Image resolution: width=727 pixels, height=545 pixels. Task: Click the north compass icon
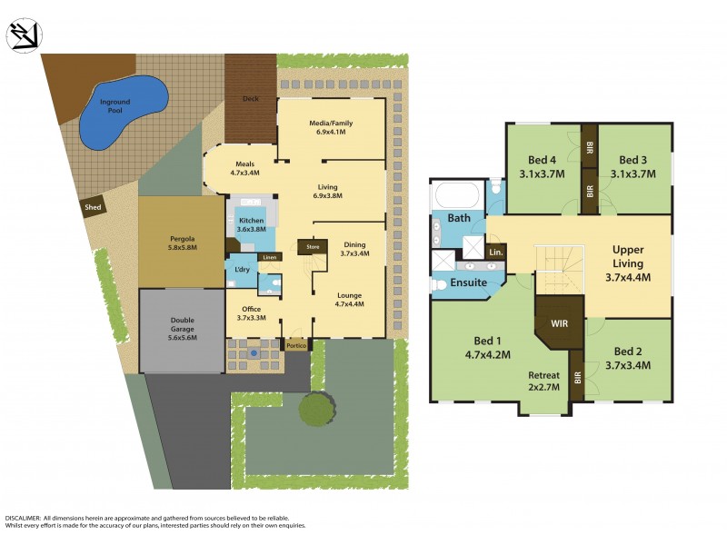(x=22, y=35)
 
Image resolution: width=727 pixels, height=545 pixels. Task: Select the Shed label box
(x=94, y=206)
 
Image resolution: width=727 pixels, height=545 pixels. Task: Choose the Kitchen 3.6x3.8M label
(x=251, y=226)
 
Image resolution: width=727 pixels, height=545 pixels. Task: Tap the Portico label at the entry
(x=296, y=345)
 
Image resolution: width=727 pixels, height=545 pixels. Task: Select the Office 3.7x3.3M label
(x=251, y=312)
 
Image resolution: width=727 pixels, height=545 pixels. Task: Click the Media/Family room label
(x=332, y=127)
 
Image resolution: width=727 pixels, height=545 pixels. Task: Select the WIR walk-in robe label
(x=558, y=322)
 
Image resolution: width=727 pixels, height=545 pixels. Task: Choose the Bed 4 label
(x=543, y=167)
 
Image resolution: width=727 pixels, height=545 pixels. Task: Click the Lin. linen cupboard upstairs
(x=496, y=251)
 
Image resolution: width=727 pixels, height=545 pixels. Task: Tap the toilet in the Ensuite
(x=438, y=284)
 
